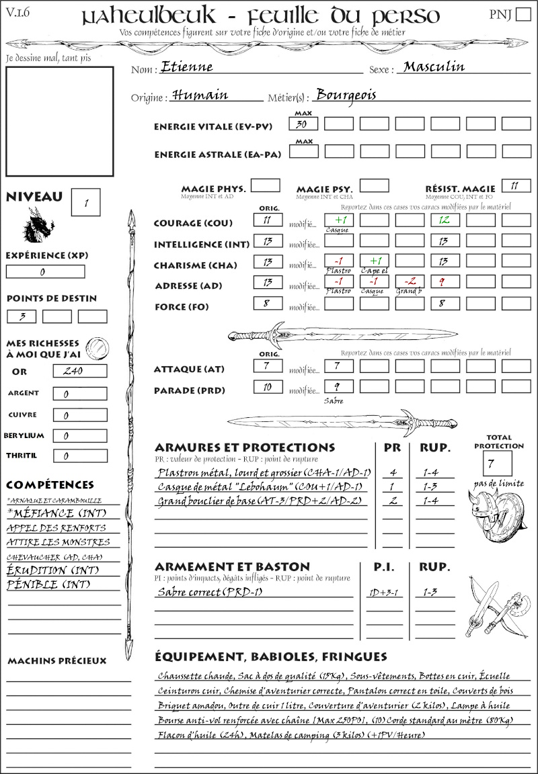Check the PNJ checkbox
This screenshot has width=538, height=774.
coord(522,15)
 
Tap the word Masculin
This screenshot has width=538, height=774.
coord(434,67)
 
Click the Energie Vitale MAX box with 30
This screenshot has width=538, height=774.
coord(304,124)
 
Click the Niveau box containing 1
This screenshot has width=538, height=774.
coord(87,202)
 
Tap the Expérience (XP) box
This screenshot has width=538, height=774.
coord(45,271)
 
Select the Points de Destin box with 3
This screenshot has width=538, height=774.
coord(22,316)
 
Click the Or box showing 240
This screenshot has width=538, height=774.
coord(79,371)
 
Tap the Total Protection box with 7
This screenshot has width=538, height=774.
coord(497,463)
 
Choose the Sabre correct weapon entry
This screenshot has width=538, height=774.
coord(209,593)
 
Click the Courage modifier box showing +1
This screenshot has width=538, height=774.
coord(338,220)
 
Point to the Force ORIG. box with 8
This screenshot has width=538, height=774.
coord(268,303)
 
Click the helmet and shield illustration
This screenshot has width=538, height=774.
coord(497,514)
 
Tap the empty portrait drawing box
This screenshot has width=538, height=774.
coord(59,120)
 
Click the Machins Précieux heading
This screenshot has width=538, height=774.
coord(57,661)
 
